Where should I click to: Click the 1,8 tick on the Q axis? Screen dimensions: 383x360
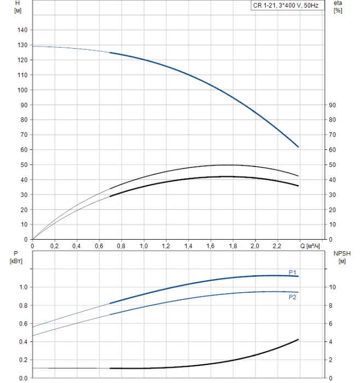click(233, 246)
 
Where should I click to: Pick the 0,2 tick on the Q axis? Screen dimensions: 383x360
click(55, 246)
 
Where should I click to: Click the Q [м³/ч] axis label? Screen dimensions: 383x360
click(310, 246)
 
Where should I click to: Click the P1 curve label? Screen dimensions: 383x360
click(293, 272)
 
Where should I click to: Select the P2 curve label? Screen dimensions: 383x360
click(293, 297)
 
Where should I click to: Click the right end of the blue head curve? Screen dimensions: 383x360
click(298, 147)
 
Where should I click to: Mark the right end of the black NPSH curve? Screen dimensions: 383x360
click(298, 340)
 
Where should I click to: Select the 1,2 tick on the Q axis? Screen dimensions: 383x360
click(166, 246)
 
